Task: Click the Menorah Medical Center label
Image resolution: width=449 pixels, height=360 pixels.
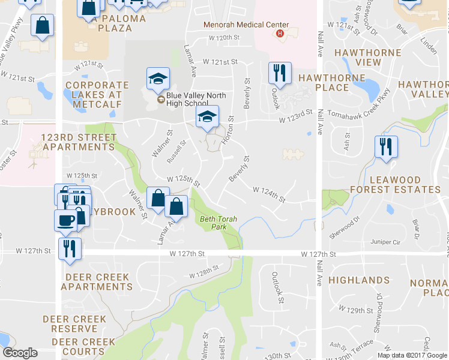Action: [246, 25]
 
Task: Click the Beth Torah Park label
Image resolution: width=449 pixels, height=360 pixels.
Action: [214, 223]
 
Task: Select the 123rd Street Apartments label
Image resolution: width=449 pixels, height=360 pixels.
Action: [79, 142]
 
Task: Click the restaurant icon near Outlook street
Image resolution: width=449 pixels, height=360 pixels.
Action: [280, 73]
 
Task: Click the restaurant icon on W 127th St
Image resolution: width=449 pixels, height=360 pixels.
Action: [70, 248]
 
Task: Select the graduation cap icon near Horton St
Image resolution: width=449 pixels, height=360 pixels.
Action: [208, 116]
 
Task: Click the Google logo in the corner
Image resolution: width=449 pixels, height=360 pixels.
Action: [20, 353]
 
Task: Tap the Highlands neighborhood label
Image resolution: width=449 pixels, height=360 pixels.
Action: [359, 280]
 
